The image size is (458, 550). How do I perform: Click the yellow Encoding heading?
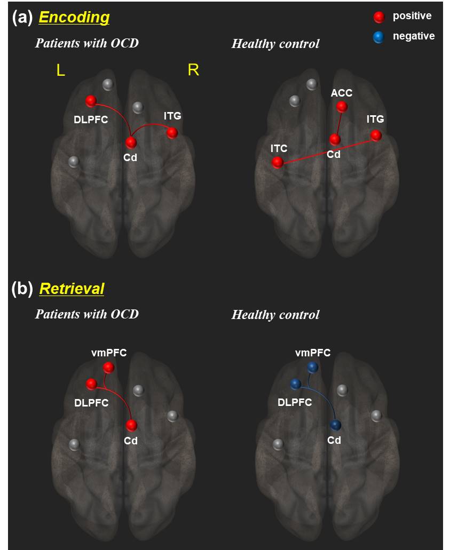(x=74, y=17)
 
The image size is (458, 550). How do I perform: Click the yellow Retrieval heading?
(x=72, y=289)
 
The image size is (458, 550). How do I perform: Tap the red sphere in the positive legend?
(x=379, y=17)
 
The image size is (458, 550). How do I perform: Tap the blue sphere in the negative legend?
(x=379, y=37)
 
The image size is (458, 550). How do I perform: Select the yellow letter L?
(x=61, y=71)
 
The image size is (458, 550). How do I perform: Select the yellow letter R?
(x=193, y=70)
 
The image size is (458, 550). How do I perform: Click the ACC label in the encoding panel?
(x=342, y=93)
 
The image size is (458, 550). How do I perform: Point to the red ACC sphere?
(x=342, y=107)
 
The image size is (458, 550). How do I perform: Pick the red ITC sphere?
(x=278, y=163)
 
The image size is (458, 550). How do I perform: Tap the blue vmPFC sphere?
(x=313, y=367)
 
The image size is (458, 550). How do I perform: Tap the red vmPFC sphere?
(x=108, y=368)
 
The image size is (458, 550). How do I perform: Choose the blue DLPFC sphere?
(x=296, y=384)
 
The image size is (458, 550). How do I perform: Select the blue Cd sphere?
(x=335, y=425)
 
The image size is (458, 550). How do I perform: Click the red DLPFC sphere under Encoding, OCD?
(x=91, y=101)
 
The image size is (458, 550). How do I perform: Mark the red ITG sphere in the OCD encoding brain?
(x=172, y=132)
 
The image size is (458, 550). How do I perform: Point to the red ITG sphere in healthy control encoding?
(x=376, y=135)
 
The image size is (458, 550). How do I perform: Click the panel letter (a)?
(x=22, y=18)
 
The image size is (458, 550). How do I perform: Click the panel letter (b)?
(x=22, y=289)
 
